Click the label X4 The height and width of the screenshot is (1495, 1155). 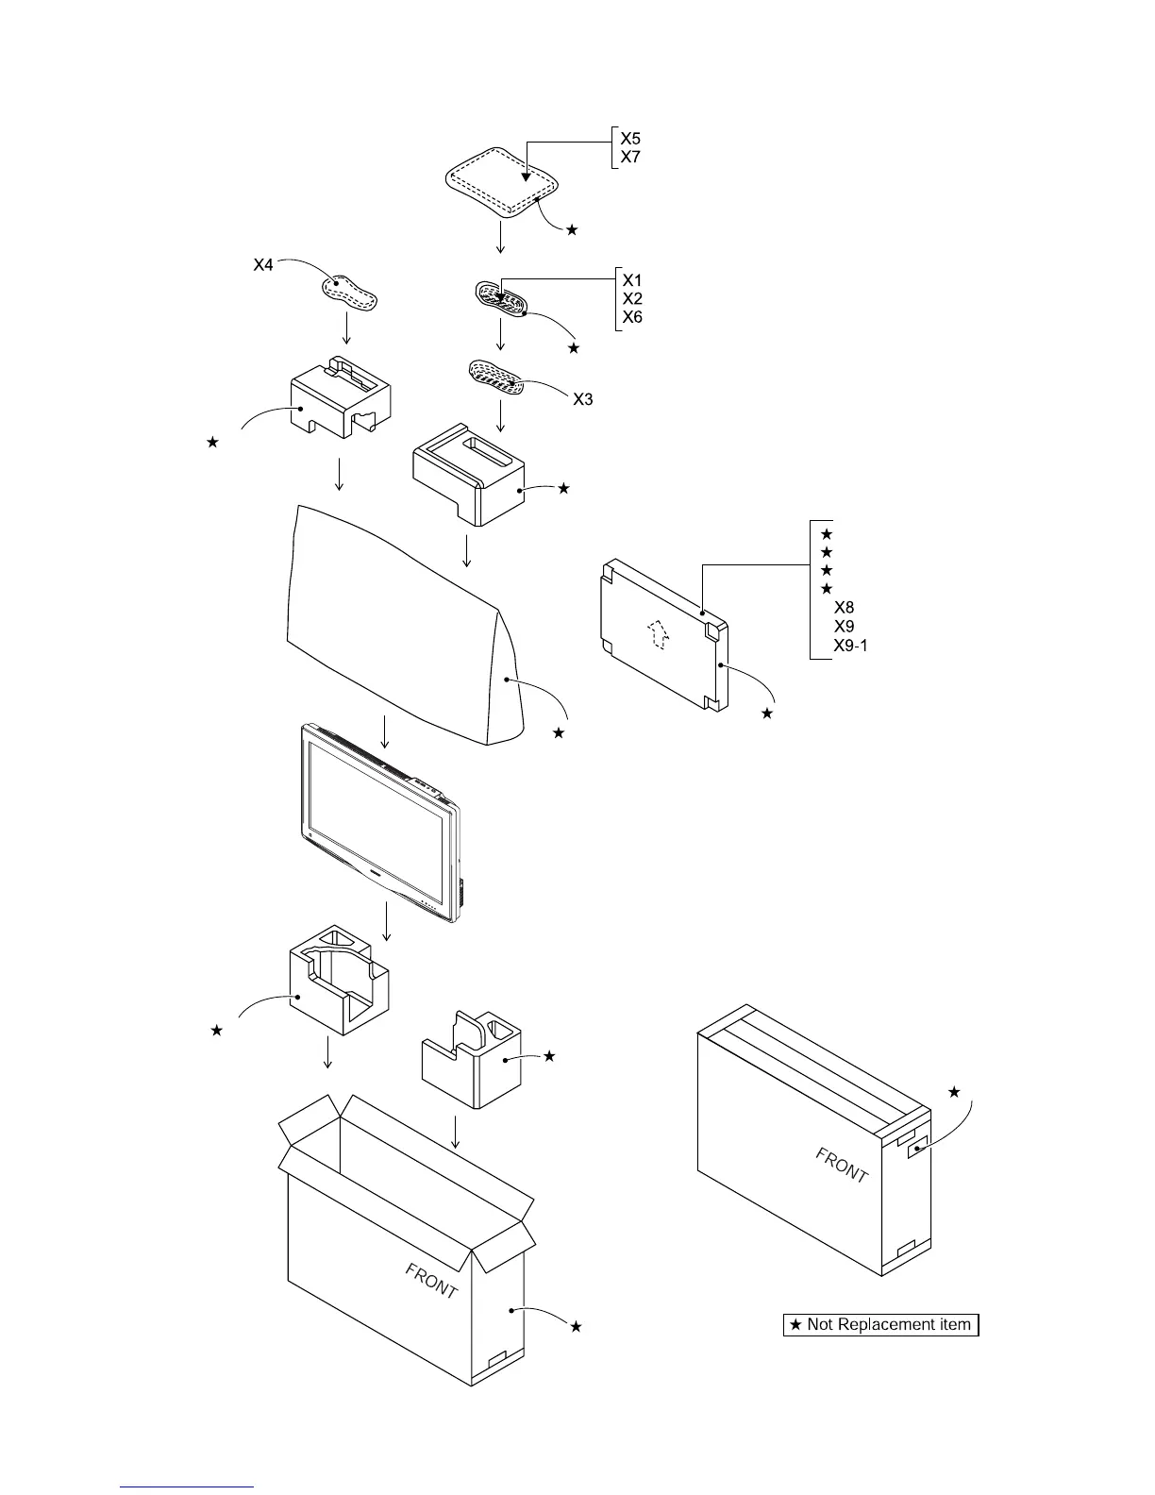[x=263, y=266]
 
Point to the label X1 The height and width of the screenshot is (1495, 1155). [x=632, y=280]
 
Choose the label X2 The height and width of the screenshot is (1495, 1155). [x=632, y=298]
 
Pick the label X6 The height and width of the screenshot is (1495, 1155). [x=632, y=317]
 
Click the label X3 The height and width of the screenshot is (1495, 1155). [x=583, y=399]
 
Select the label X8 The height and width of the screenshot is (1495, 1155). [x=845, y=608]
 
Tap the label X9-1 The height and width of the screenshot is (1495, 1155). [x=851, y=646]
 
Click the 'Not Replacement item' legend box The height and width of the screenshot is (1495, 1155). [x=881, y=1325]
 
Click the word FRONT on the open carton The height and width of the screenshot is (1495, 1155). [x=432, y=1282]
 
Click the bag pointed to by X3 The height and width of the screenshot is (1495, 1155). [x=497, y=378]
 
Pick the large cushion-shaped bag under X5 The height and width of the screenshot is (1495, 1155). [x=501, y=182]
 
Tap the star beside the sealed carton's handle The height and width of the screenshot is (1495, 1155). [x=954, y=1092]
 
